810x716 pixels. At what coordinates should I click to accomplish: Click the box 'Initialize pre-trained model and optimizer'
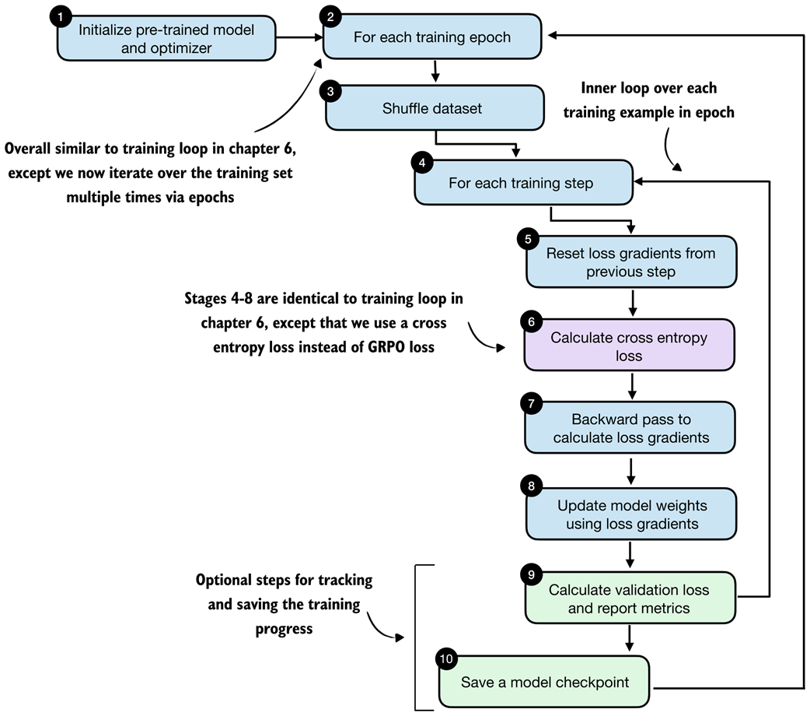coord(166,37)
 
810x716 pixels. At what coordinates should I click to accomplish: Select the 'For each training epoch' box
coord(432,37)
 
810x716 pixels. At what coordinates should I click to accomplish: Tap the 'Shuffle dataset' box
coord(432,108)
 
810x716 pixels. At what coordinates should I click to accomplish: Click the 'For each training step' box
coord(521,184)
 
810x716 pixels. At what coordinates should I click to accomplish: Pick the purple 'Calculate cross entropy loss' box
coord(630,346)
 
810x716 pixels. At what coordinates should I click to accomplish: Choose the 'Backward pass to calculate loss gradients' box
coord(630,427)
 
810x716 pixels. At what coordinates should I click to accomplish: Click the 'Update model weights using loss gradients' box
coord(630,514)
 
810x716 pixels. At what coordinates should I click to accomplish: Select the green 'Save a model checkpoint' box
coord(544,683)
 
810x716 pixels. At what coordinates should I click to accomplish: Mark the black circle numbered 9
coord(530,575)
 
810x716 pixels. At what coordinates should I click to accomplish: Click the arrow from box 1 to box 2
coord(299,36)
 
